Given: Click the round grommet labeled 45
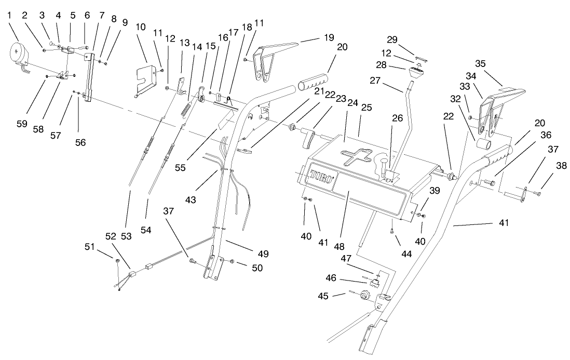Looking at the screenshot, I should (x=364, y=295).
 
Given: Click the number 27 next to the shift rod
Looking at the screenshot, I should (x=375, y=81).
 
